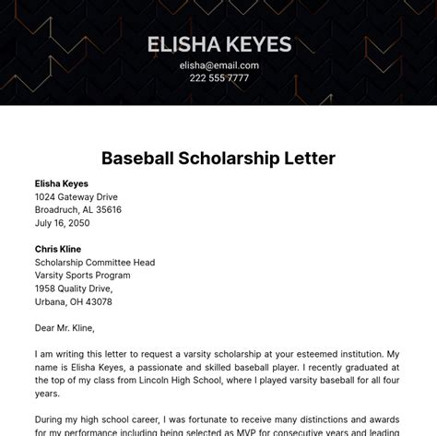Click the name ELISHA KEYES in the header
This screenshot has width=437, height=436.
pyautogui.click(x=218, y=43)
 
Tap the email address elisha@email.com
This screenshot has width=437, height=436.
pyautogui.click(x=218, y=65)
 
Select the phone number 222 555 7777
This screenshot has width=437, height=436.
pyautogui.click(x=218, y=78)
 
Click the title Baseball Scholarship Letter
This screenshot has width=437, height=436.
pyautogui.click(x=218, y=159)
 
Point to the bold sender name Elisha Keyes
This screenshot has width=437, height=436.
pyautogui.click(x=62, y=183)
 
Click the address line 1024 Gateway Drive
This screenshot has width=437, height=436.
pyautogui.click(x=77, y=196)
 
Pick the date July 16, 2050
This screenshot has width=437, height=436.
pyautogui.click(x=63, y=223)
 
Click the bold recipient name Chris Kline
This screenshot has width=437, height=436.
pyautogui.click(x=58, y=249)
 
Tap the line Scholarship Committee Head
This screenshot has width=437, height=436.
pyautogui.click(x=95, y=262)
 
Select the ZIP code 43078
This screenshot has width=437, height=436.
pyautogui.click(x=99, y=301)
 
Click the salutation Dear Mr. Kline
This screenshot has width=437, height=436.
pyautogui.click(x=65, y=327)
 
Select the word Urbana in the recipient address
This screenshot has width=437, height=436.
pyautogui.click(x=51, y=301)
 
